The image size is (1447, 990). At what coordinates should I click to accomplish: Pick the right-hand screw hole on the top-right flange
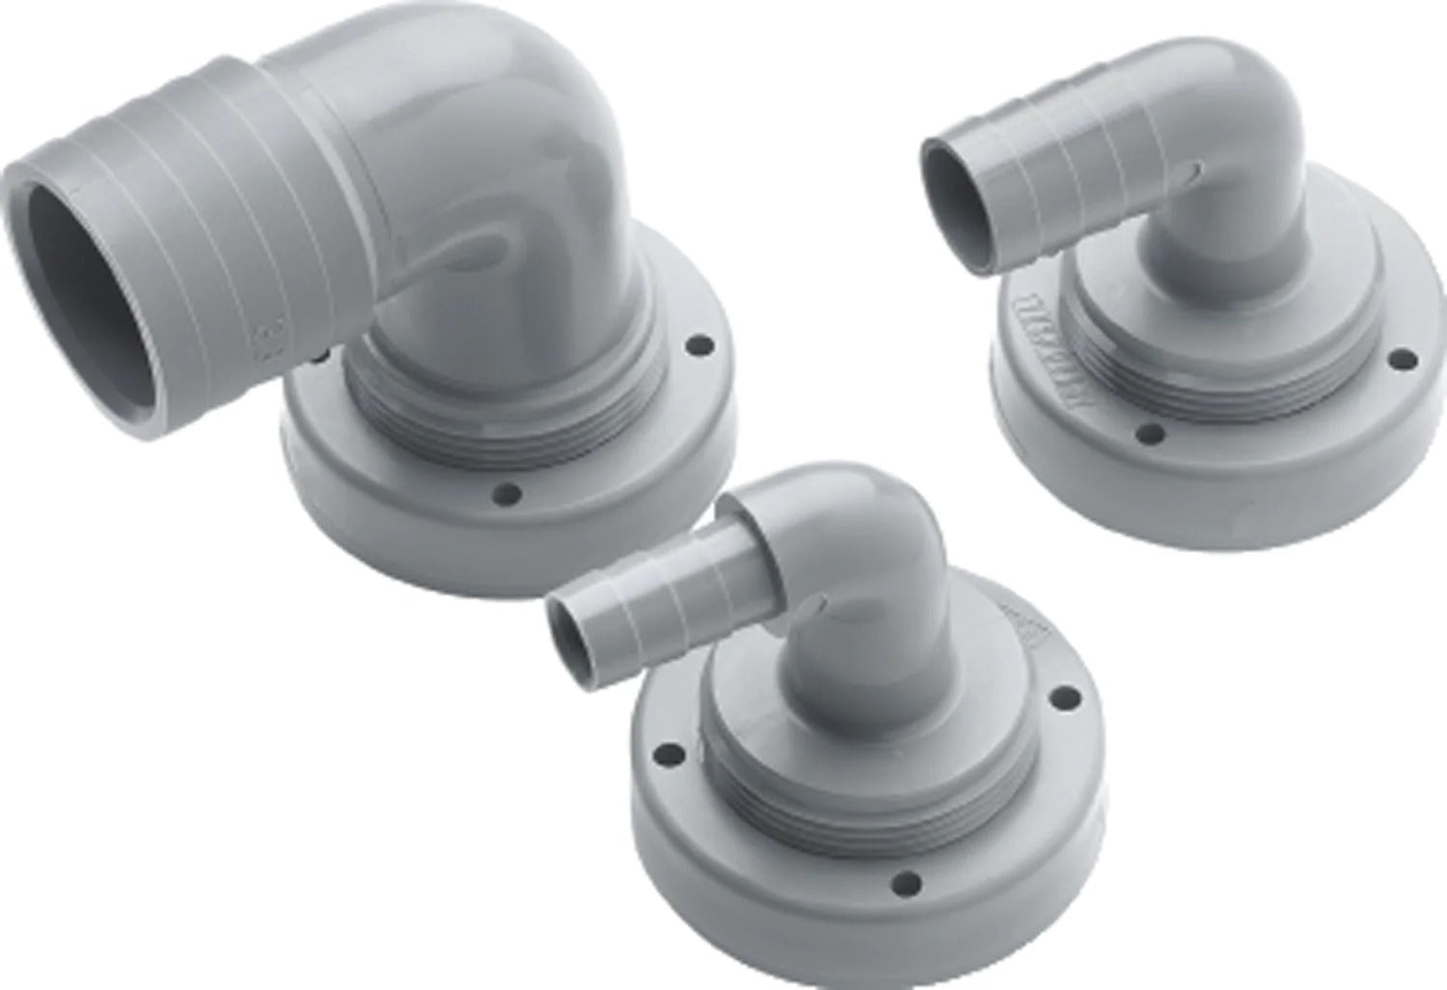pos(1397,362)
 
